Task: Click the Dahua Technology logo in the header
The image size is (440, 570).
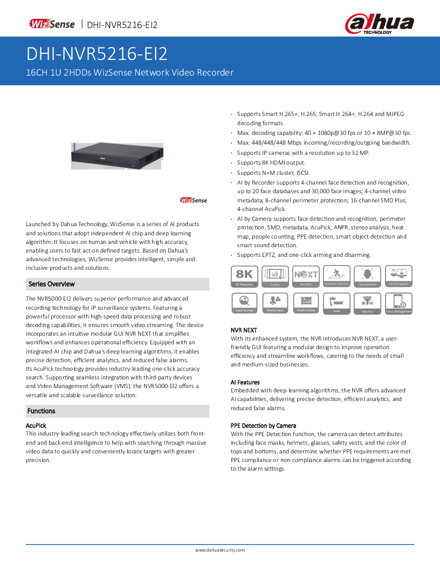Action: pyautogui.click(x=380, y=24)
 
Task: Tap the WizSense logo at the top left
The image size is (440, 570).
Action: pyautogui.click(x=52, y=24)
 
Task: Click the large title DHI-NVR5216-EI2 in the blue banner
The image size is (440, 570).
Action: pyautogui.click(x=97, y=53)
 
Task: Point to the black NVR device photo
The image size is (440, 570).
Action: pyautogui.click(x=116, y=155)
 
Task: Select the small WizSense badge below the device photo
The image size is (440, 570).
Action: pyautogui.click(x=193, y=200)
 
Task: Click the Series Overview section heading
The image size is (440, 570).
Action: pyautogui.click(x=52, y=284)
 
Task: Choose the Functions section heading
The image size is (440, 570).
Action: pyautogui.click(x=42, y=411)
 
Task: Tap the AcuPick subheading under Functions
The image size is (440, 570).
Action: pyautogui.click(x=36, y=425)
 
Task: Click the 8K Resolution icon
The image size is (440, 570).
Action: pyautogui.click(x=244, y=276)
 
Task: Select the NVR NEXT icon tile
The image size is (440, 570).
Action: pyautogui.click(x=306, y=276)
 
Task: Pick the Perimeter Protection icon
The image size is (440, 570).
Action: pyautogui.click(x=336, y=276)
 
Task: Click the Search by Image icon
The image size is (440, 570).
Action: pyautogui.click(x=244, y=303)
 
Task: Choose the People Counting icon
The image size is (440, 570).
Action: pyautogui.click(x=306, y=303)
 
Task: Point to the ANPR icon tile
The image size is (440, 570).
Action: pyautogui.click(x=336, y=303)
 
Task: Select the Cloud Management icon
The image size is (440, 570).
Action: pyautogui.click(x=398, y=303)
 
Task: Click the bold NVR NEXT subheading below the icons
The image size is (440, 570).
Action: pyautogui.click(x=244, y=330)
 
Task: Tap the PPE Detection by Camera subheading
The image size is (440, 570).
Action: pyautogui.click(x=263, y=425)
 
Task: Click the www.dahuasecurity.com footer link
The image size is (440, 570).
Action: pyautogui.click(x=220, y=550)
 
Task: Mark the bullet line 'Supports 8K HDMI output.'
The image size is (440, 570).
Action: pyautogui.click(x=271, y=162)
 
